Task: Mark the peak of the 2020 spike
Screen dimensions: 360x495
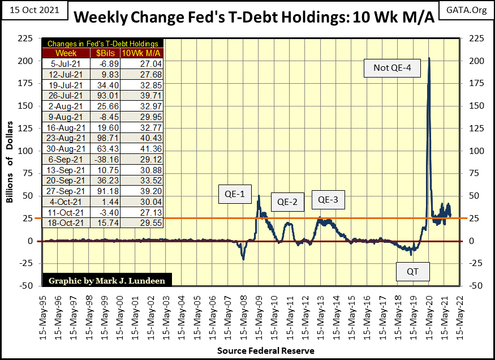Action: point(429,58)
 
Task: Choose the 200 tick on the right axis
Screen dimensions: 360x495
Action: point(475,61)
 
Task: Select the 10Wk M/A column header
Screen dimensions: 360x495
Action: point(142,53)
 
